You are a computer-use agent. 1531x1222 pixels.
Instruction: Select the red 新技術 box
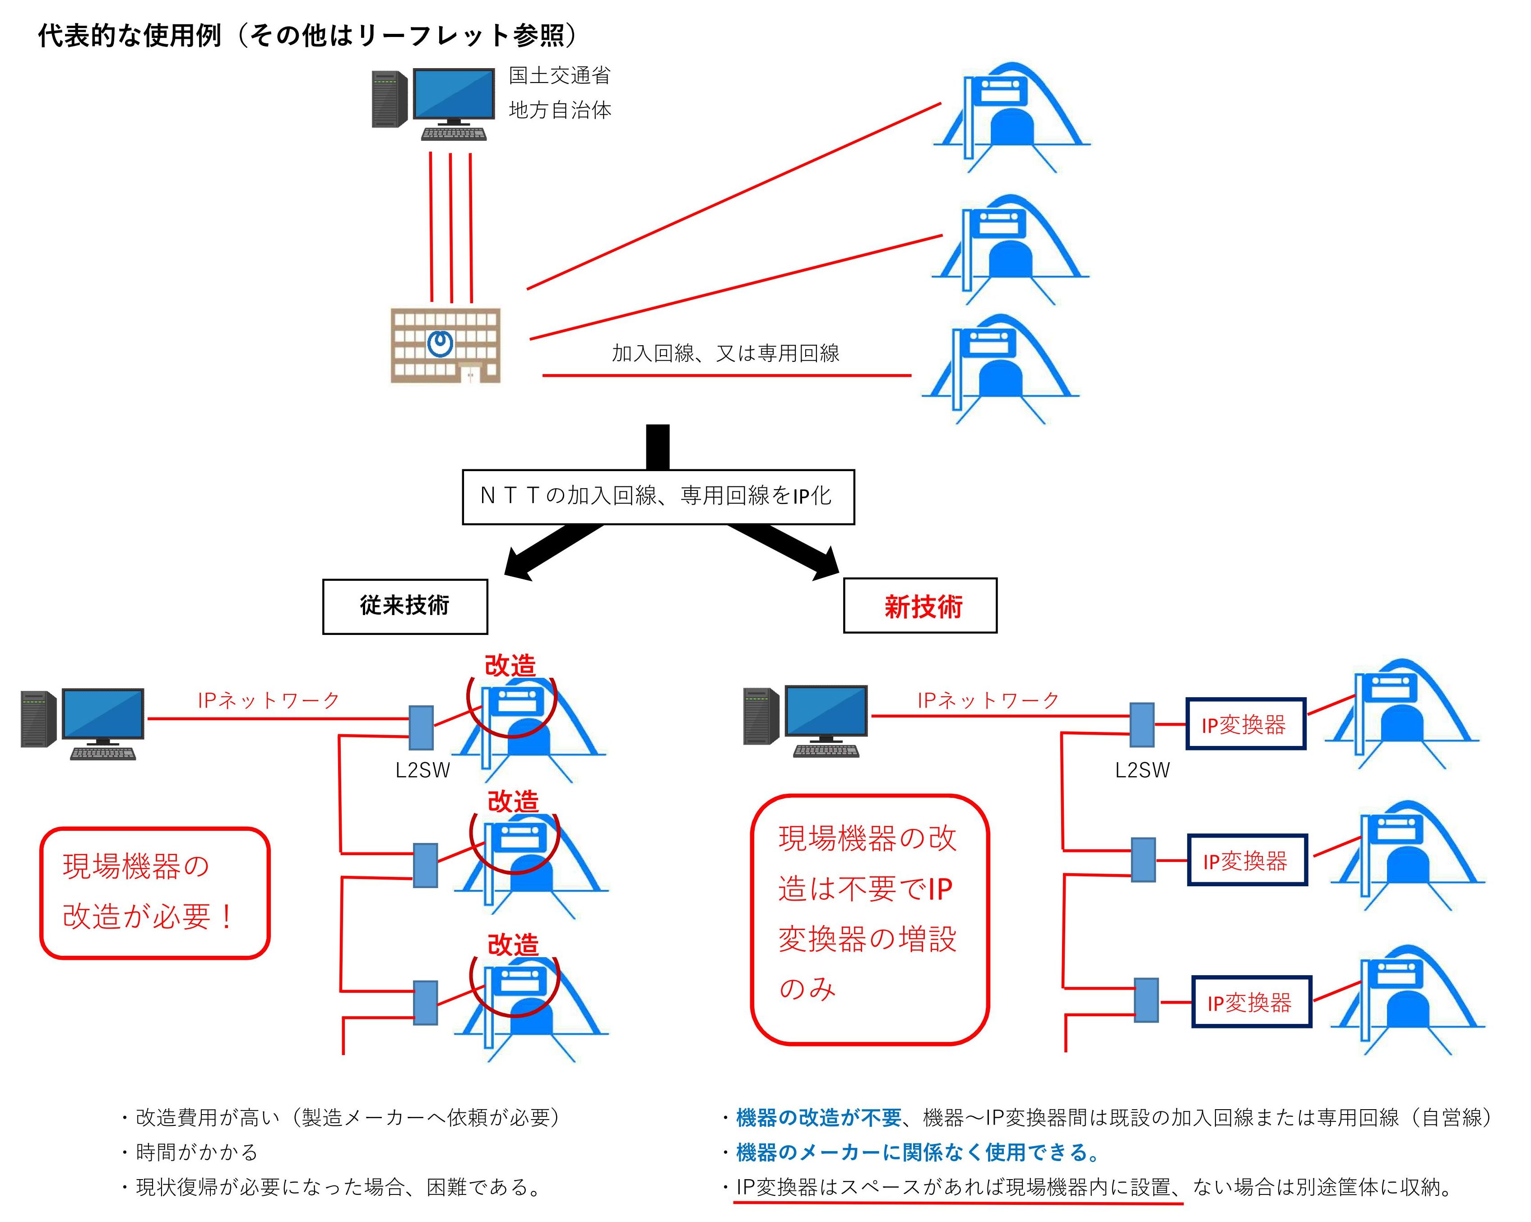tap(919, 606)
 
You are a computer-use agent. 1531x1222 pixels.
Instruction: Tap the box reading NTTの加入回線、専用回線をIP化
tap(658, 496)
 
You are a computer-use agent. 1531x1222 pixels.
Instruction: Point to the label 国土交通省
tap(560, 75)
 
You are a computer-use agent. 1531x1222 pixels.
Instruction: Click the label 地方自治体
tap(560, 110)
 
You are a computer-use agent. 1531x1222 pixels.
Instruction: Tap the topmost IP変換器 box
tap(1245, 724)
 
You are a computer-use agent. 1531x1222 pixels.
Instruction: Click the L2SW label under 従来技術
tap(422, 770)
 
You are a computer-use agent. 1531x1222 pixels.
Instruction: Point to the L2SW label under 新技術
tap(1142, 770)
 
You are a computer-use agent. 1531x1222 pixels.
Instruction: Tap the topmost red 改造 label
tap(510, 666)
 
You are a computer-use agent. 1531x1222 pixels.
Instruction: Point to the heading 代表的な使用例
tap(130, 36)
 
